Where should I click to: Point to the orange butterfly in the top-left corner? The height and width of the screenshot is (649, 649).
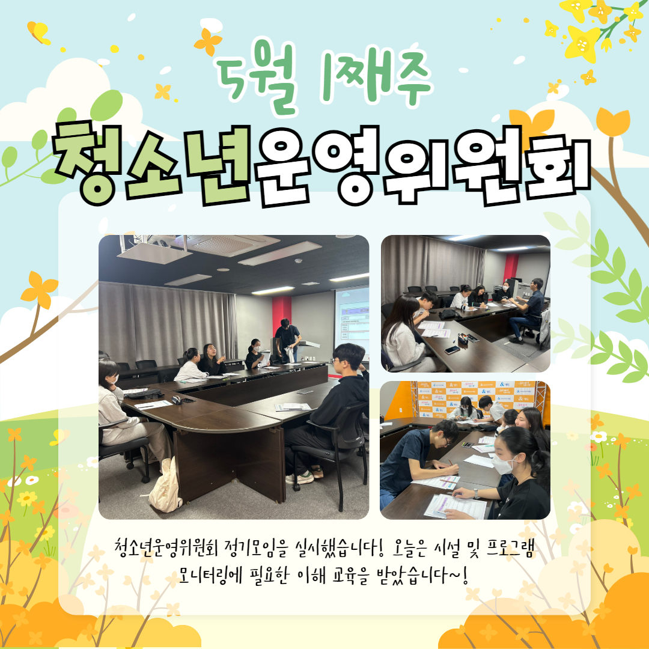tap(38, 32)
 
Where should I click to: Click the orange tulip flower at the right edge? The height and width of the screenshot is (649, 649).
tap(613, 121)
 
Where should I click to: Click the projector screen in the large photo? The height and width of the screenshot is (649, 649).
tap(352, 323)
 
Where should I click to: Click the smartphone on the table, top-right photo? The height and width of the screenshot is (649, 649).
tap(452, 350)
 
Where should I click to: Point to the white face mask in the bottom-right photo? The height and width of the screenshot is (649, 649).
tap(502, 464)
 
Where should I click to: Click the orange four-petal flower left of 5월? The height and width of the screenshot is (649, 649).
tap(208, 42)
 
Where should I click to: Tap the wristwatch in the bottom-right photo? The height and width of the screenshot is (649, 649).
tap(477, 494)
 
